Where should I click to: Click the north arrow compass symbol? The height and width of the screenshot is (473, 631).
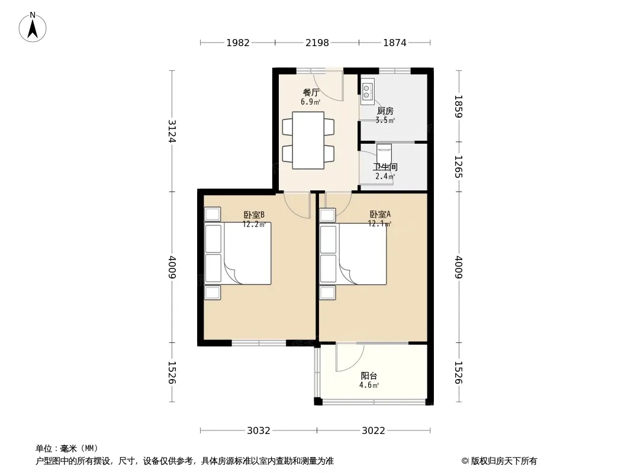coord(33,27)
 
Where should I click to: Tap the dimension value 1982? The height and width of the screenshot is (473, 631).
coord(238,43)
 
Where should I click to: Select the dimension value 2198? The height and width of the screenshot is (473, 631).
coord(317,43)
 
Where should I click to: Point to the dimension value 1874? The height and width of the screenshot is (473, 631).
coord(395,43)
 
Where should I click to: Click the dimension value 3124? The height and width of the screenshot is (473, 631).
coord(172,131)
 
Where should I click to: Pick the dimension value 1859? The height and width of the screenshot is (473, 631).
coord(458,106)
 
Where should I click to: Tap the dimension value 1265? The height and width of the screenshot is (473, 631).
coord(458,167)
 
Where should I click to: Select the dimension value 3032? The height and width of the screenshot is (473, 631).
coord(258,431)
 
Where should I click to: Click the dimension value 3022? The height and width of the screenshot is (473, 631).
coord(374,431)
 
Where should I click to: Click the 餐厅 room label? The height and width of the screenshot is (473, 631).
coord(311,92)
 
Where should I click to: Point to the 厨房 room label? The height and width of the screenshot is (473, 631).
coord(385,111)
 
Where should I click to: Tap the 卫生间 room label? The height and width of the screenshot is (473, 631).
coord(385,167)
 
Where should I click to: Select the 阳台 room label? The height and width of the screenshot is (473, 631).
coord(369,376)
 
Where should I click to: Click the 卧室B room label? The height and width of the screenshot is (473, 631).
coord(254,215)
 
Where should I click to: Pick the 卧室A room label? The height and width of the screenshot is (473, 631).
coord(380,215)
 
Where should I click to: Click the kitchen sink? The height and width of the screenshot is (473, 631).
coord(368,91)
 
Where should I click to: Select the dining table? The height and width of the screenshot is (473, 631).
coord(308,140)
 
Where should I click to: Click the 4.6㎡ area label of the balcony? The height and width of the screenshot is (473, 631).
coord(369,385)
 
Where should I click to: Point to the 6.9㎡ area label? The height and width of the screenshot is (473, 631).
coord(310,102)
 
